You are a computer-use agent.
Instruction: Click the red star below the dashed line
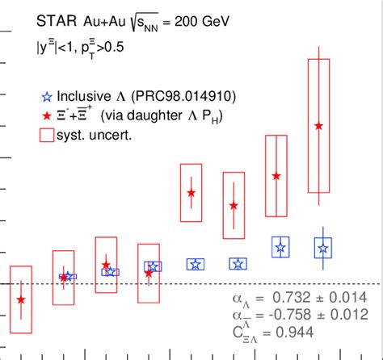[x=21, y=299]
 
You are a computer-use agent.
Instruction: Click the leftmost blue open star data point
[x=69, y=277]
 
